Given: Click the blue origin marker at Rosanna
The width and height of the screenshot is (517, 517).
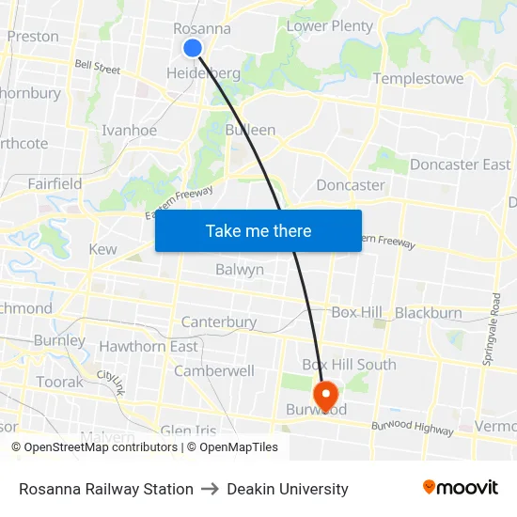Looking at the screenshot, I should tap(193, 48).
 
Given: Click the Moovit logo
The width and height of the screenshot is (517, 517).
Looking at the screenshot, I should tap(461, 488).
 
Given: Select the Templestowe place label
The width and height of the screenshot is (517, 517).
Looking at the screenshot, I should tap(418, 79).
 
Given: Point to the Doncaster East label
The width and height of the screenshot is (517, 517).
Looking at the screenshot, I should tap(461, 164).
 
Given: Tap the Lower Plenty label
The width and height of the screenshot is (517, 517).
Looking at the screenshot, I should tap(329, 26).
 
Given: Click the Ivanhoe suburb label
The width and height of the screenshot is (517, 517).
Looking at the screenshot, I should tap(130, 131).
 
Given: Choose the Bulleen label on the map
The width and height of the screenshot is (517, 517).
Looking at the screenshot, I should tap(250, 130).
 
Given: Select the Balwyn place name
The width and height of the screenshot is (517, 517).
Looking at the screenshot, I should tap(240, 270).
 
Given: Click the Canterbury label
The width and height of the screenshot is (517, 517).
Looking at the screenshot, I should tap(219, 322).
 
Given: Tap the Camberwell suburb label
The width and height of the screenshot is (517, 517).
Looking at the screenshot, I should tap(214, 370).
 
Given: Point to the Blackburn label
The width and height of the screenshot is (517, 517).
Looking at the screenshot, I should tap(429, 313).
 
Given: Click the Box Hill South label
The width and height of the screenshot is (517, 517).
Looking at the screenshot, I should tap(349, 365).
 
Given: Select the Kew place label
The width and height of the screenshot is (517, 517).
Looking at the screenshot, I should tap(102, 250).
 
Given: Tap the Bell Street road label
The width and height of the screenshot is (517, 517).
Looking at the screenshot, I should tap(98, 69).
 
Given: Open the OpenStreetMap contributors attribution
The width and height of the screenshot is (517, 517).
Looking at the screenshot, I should tap(94, 447).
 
